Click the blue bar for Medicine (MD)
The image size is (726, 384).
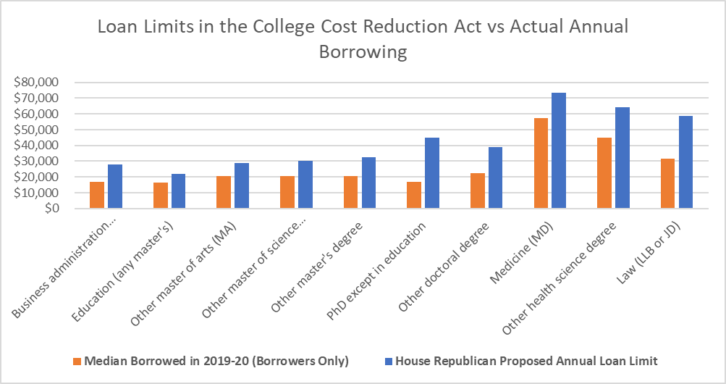(559, 151)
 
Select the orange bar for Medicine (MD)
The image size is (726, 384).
(541, 163)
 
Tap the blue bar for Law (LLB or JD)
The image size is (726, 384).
(686, 162)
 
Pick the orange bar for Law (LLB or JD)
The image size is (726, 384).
(668, 183)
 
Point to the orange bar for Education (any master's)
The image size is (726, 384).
(160, 196)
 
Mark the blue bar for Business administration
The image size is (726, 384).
(114, 186)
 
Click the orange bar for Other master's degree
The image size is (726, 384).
(350, 192)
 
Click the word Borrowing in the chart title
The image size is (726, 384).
(363, 52)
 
